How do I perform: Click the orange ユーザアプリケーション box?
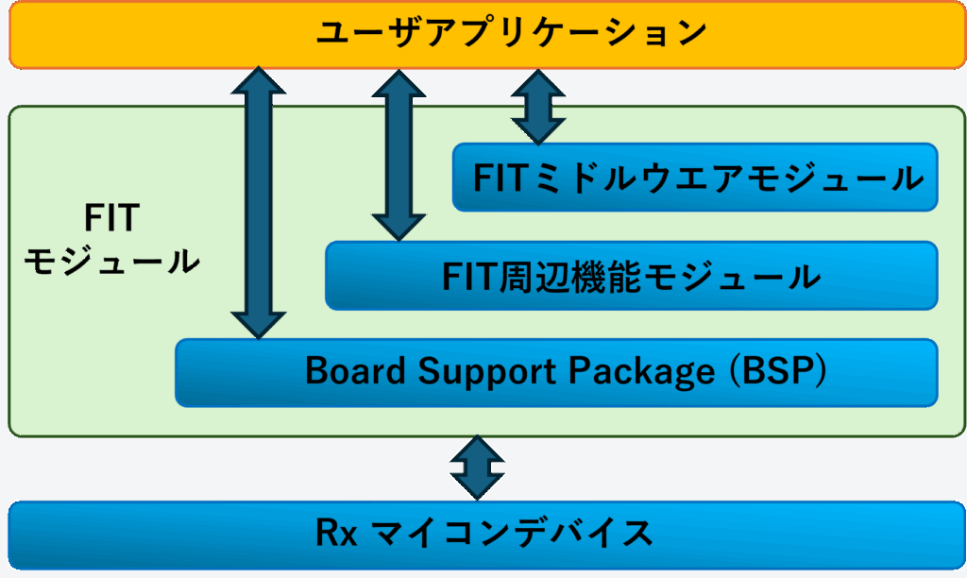(x=487, y=35)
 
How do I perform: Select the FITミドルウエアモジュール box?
(x=695, y=178)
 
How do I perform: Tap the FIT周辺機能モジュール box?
(x=632, y=276)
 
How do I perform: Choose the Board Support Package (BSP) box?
(x=556, y=373)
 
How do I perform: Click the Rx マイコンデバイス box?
(x=487, y=535)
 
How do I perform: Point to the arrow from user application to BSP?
(x=259, y=203)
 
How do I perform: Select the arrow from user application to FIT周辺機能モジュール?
(x=399, y=155)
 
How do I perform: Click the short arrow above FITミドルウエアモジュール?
(x=538, y=108)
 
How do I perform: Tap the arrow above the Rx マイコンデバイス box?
(x=477, y=467)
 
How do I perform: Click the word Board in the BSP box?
(x=355, y=371)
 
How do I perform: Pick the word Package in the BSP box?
(x=641, y=373)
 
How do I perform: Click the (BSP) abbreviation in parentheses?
(x=778, y=371)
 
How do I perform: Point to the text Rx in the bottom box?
(x=337, y=533)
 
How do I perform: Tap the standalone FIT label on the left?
(x=111, y=218)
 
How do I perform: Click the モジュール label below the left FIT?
(x=111, y=262)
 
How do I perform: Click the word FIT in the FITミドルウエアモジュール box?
(x=499, y=178)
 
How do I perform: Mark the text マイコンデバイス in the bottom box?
(x=513, y=533)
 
